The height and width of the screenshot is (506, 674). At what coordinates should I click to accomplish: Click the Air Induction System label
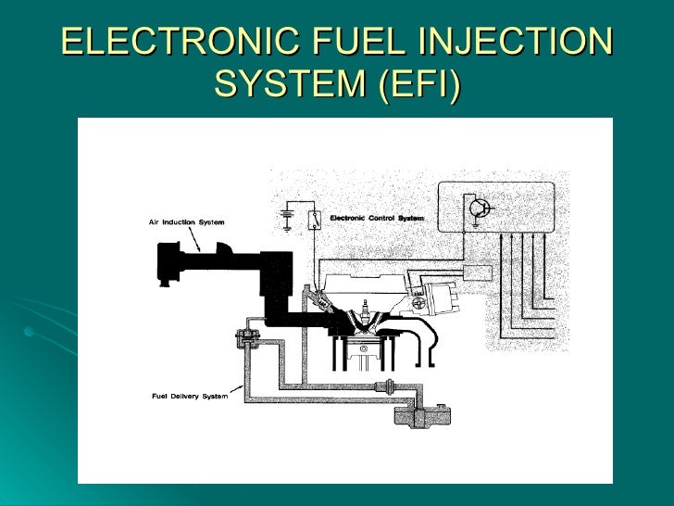186,222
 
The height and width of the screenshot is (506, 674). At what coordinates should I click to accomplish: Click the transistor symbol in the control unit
479,209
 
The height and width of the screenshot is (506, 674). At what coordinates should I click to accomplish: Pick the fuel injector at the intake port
323,301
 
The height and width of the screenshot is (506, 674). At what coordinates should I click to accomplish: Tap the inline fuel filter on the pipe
385,387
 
